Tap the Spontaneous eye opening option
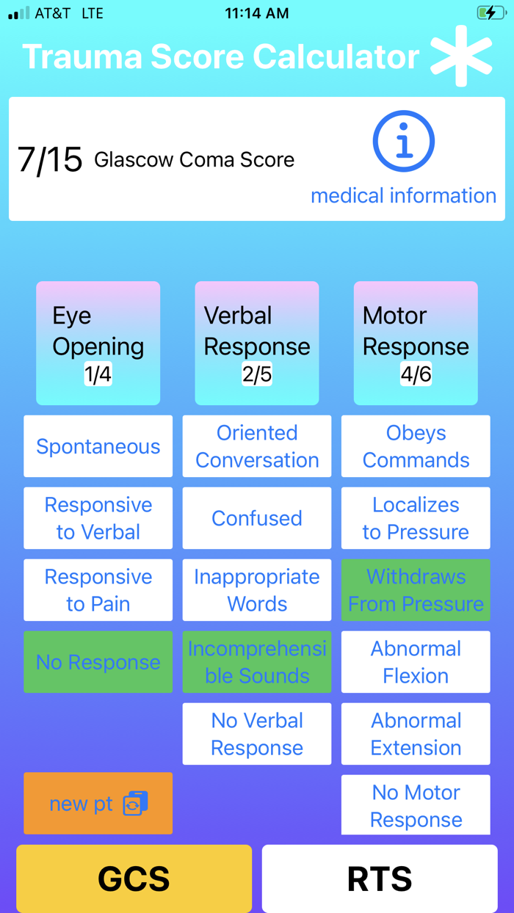click(x=98, y=446)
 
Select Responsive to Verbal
click(x=98, y=518)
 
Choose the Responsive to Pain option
click(x=98, y=590)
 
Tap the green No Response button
click(x=98, y=662)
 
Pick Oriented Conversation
click(x=257, y=446)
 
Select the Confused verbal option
click(x=257, y=518)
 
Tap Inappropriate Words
click(x=257, y=590)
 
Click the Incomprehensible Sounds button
click(x=257, y=662)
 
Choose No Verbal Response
click(x=257, y=734)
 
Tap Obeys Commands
click(x=416, y=446)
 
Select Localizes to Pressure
click(x=416, y=518)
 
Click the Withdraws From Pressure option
click(x=416, y=590)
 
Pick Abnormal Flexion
click(x=416, y=662)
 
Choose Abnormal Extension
click(x=416, y=734)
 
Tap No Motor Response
click(x=416, y=805)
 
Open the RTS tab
click(x=380, y=879)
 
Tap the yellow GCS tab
click(x=134, y=879)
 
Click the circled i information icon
click(x=403, y=142)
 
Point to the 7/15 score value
click(x=49, y=159)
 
